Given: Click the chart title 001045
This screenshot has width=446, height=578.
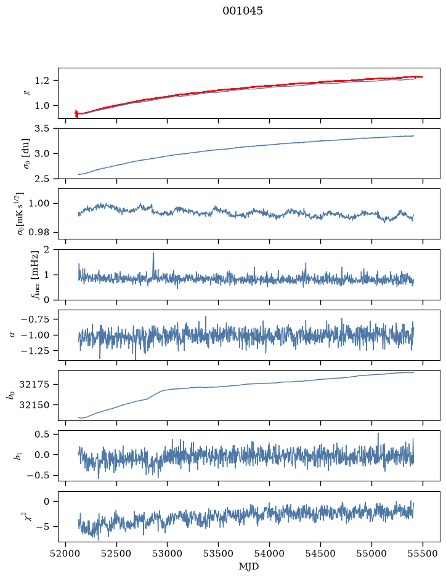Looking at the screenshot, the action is (x=243, y=11).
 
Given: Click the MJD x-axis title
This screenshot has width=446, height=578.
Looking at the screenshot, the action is (x=249, y=566).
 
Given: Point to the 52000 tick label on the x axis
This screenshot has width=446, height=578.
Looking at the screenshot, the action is (x=66, y=553).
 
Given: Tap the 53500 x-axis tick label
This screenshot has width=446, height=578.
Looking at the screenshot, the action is (x=219, y=553).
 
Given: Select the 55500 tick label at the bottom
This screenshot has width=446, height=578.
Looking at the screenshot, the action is (x=423, y=553).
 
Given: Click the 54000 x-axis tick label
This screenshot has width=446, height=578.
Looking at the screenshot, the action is (x=269, y=553).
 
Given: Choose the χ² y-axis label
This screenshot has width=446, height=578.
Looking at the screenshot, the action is (x=27, y=516).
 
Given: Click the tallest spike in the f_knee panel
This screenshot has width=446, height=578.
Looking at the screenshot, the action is (x=153, y=253).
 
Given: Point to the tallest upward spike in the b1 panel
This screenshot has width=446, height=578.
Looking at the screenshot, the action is (x=378, y=433).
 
